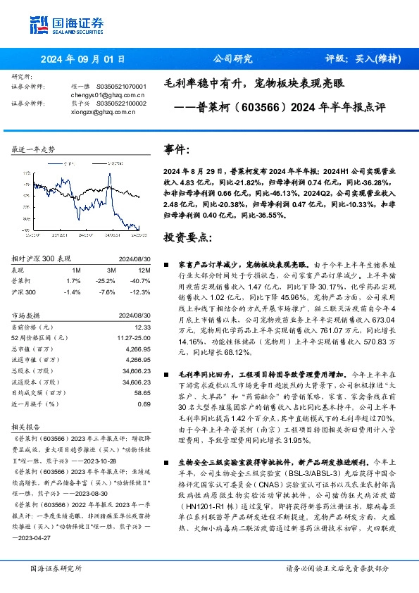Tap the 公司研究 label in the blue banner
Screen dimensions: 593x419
(x=232, y=59)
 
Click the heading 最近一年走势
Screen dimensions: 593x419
(x=33, y=150)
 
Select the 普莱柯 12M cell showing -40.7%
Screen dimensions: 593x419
(x=141, y=280)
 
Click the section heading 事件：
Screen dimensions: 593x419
(x=177, y=150)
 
